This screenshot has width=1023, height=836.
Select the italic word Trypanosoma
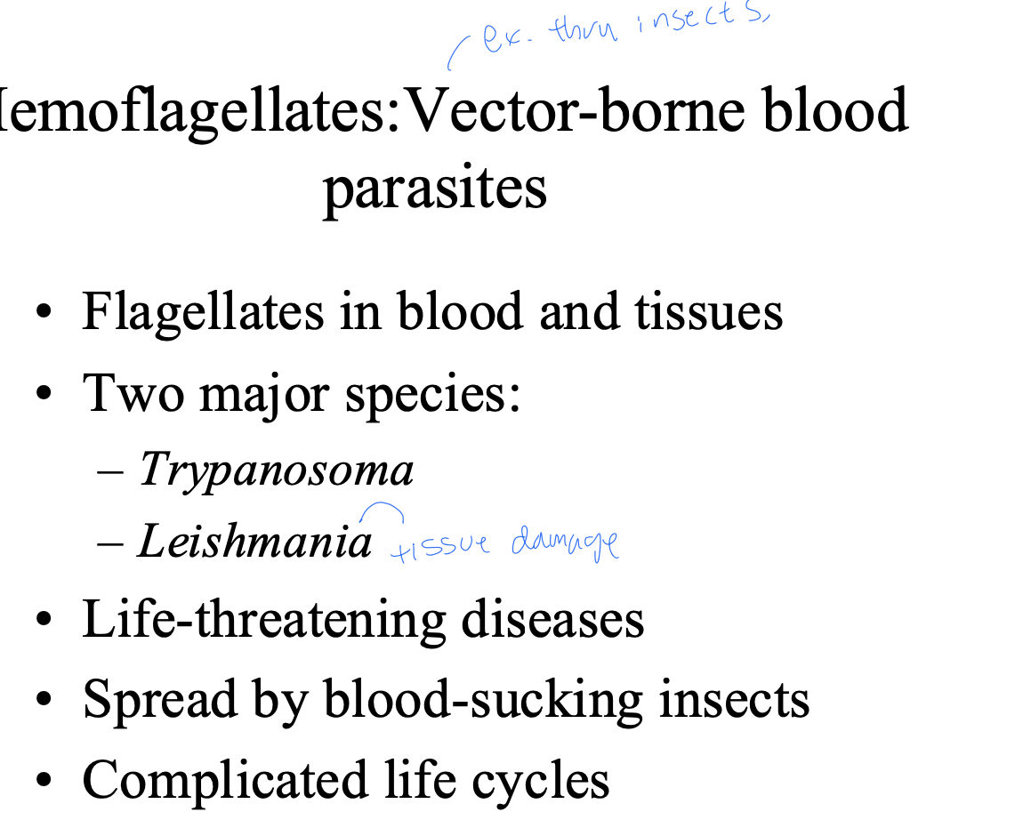277,469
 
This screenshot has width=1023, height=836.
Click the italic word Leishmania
255,541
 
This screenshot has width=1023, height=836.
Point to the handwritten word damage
565,543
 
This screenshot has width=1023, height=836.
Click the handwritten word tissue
440,545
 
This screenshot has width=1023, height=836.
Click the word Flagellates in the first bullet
203,311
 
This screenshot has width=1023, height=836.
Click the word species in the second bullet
432,393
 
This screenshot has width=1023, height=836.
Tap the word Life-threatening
264,618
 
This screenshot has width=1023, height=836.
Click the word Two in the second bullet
133,393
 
